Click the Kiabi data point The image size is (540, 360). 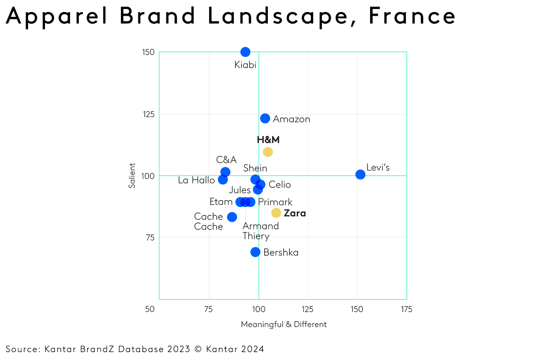point(245,52)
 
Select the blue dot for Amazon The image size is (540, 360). point(265,118)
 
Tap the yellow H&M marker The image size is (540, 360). point(268,152)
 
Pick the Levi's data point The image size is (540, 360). point(360,175)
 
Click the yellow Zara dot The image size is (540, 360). point(276,213)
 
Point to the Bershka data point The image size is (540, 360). point(255,252)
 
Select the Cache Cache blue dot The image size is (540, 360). point(232,217)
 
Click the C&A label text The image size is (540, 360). point(226,159)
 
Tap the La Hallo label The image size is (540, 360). point(196,180)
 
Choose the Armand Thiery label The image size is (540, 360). point(260,231)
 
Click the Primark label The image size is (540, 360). point(275,202)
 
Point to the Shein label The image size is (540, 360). point(255,168)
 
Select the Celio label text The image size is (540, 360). point(280,184)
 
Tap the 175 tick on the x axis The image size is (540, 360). point(406,309)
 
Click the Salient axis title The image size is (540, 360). point(132,175)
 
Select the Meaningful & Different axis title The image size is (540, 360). point(284,324)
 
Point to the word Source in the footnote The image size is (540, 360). point(23,349)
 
